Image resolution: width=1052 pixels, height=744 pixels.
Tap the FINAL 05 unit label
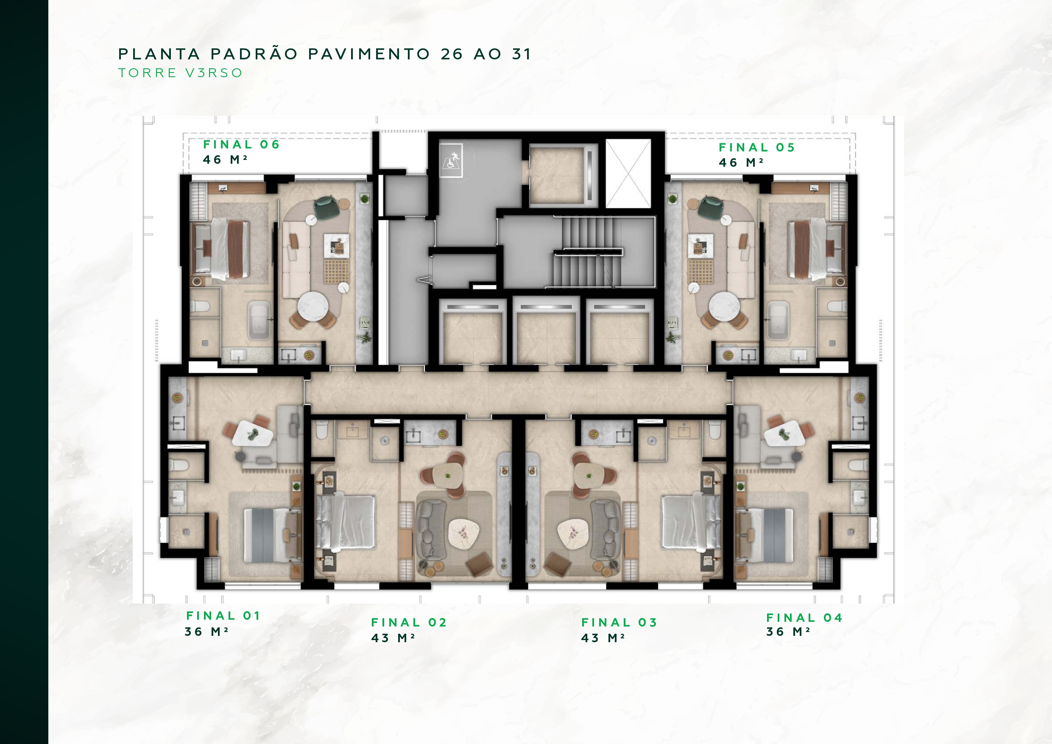(x=756, y=147)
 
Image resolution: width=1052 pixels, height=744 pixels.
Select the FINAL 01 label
(x=223, y=615)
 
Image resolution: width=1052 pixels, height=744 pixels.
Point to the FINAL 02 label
(x=409, y=623)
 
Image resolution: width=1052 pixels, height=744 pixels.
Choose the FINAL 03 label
(x=619, y=623)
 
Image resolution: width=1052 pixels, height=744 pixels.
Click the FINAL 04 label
(x=804, y=618)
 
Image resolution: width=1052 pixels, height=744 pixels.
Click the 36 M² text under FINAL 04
(x=788, y=632)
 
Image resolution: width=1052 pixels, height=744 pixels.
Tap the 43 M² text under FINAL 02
(x=393, y=638)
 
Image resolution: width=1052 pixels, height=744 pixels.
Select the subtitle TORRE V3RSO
(x=181, y=73)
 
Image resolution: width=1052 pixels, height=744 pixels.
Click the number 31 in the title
(x=522, y=54)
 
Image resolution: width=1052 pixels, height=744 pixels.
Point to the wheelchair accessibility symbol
(x=451, y=160)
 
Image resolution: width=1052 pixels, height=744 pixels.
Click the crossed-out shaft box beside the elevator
(x=628, y=173)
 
